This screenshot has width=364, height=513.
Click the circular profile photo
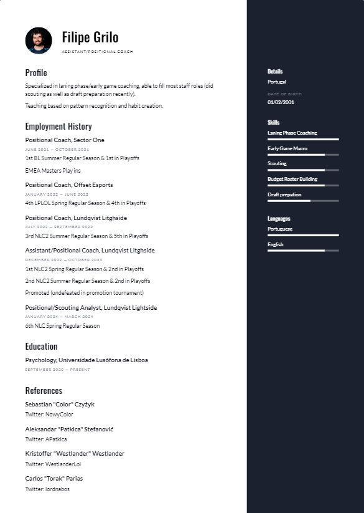pyautogui.click(x=39, y=41)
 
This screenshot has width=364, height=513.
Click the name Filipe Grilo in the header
pyautogui.click(x=90, y=37)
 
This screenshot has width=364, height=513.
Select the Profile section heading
pyautogui.click(x=36, y=73)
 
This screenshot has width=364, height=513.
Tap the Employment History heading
pyautogui.click(x=58, y=127)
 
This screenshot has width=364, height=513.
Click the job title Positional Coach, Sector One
pyautogui.click(x=65, y=140)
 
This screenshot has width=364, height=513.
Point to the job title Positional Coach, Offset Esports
pyautogui.click(x=69, y=185)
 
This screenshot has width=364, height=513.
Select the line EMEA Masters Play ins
pyautogui.click(x=53, y=170)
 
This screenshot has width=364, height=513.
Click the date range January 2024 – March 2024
pyautogui.click(x=59, y=317)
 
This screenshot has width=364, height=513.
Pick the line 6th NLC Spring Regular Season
pyautogui.click(x=62, y=326)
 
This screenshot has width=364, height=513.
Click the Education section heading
pyautogui.click(x=41, y=347)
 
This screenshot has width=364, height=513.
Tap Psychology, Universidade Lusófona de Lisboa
pyautogui.click(x=86, y=360)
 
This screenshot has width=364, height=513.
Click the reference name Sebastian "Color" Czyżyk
pyautogui.click(x=60, y=405)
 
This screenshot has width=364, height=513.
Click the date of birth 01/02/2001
pyautogui.click(x=281, y=102)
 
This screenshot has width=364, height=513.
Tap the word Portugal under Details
pyautogui.click(x=277, y=82)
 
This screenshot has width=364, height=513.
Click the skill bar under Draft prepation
pyautogui.click(x=303, y=201)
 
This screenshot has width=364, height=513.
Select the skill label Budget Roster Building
pyautogui.click(x=292, y=179)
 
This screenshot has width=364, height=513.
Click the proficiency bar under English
pyautogui.click(x=303, y=251)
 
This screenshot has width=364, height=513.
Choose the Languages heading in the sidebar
pyautogui.click(x=279, y=219)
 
